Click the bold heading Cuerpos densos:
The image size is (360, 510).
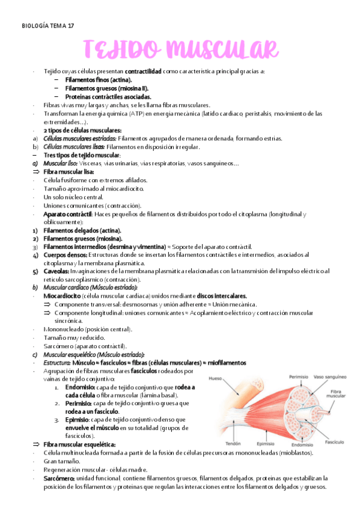click(65, 255)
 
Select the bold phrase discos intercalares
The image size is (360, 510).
click(222, 296)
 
